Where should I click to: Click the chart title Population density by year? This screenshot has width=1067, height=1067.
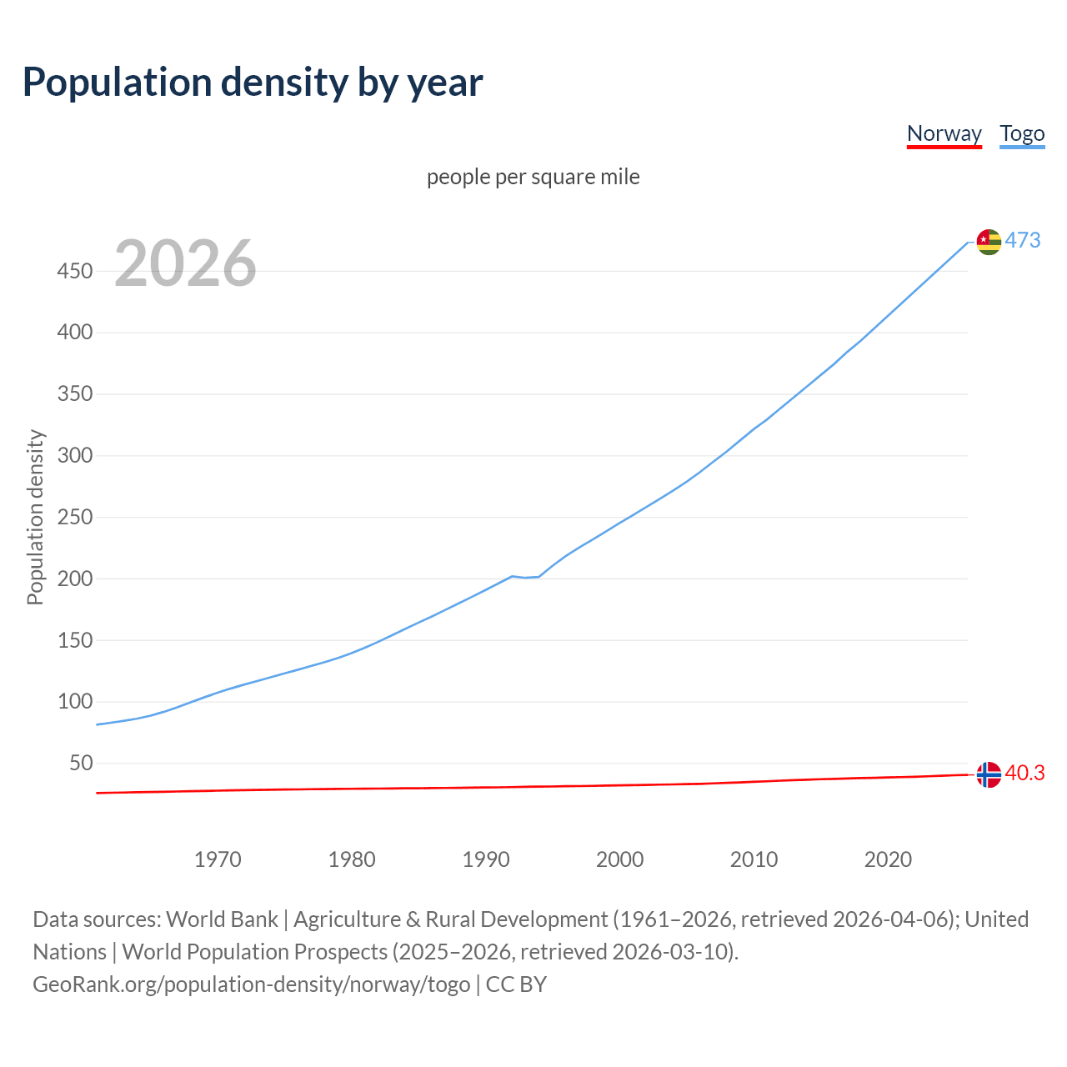[x=253, y=83]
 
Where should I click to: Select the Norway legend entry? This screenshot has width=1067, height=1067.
[x=944, y=133]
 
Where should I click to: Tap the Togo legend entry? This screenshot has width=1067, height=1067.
[x=1022, y=133]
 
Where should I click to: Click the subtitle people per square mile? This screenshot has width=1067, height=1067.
[x=533, y=177]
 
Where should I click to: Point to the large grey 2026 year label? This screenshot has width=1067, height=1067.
[x=185, y=263]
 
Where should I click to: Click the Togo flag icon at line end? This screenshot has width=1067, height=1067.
[x=989, y=242]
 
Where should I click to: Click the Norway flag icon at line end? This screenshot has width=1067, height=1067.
[x=989, y=774]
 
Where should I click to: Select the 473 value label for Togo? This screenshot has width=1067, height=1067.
[x=1023, y=240]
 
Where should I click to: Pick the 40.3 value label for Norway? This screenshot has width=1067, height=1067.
[x=1024, y=773]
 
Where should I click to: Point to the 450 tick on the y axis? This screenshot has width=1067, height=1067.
[x=75, y=271]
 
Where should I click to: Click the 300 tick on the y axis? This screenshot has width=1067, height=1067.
[x=75, y=455]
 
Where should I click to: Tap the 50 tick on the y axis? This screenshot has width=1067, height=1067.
[x=81, y=763]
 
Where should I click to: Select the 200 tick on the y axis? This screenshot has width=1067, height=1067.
[x=75, y=579]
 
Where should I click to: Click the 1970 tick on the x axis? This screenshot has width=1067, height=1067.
[x=218, y=859]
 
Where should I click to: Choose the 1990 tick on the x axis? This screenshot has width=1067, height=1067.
[x=486, y=859]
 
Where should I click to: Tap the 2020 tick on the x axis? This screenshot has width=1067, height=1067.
[x=888, y=859]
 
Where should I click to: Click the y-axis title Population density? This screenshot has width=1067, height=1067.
[x=35, y=517]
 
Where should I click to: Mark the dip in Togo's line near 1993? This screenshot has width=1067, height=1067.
[x=526, y=577]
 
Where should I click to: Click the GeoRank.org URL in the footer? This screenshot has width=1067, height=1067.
[x=252, y=984]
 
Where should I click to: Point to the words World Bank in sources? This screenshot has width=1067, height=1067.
[x=222, y=919]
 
